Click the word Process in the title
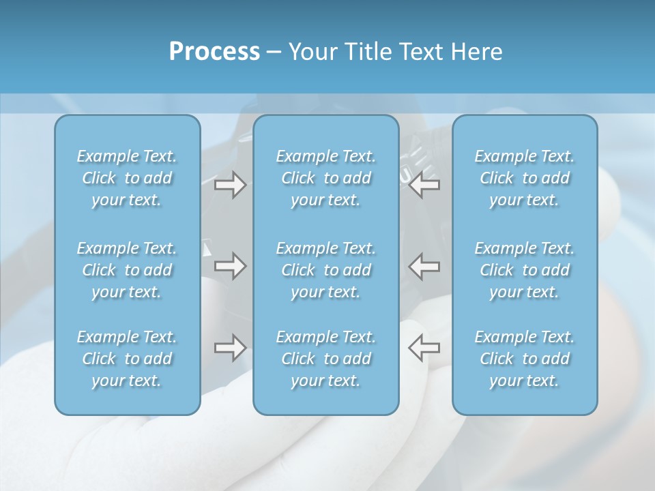tap(214, 52)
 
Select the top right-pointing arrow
tap(231, 185)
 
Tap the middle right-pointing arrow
tap(231, 266)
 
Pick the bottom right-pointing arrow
tap(231, 348)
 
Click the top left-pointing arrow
tap(424, 185)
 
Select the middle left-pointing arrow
tap(424, 266)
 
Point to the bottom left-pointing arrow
tap(424, 348)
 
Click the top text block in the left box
tap(127, 178)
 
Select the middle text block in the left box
tap(127, 270)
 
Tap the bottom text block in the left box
tap(127, 359)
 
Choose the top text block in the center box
tap(326, 178)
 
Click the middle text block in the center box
tap(326, 270)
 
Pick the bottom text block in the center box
tap(326, 359)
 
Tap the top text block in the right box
tap(525, 178)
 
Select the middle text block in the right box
tap(525, 270)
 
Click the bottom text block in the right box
tap(525, 359)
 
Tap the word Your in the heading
tap(312, 52)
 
